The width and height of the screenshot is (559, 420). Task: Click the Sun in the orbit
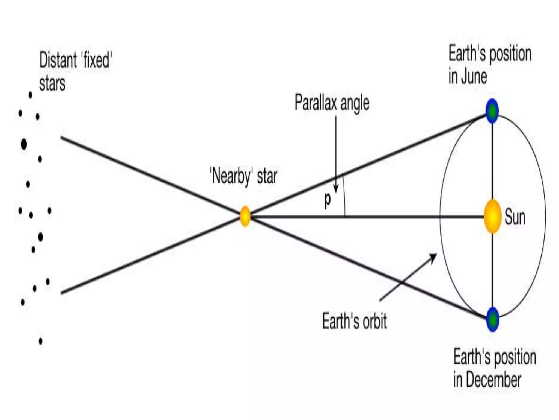(x=492, y=217)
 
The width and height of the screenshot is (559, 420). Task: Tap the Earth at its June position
(x=492, y=111)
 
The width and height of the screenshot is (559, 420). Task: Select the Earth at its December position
(x=493, y=319)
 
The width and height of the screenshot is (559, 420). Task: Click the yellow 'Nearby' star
(x=245, y=216)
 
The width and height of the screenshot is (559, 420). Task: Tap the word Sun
(x=515, y=217)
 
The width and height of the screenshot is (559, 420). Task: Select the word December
(x=493, y=380)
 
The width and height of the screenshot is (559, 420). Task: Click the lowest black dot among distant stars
(x=41, y=341)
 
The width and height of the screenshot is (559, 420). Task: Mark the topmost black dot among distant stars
(x=30, y=95)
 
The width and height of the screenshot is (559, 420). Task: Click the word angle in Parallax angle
(x=355, y=104)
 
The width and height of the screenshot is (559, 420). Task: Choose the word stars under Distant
(x=52, y=83)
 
